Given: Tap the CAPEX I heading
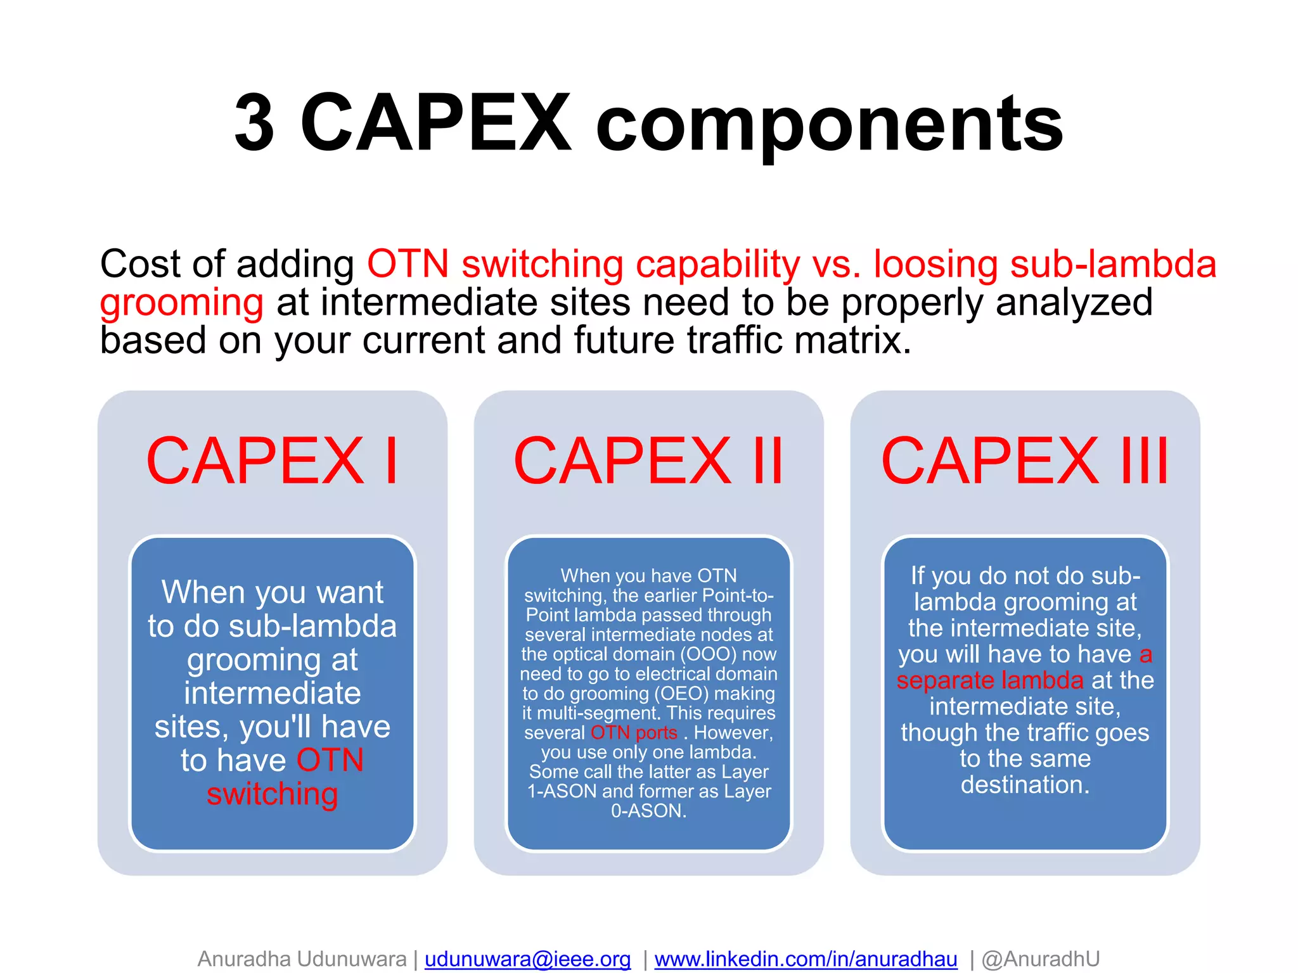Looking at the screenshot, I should [272, 461].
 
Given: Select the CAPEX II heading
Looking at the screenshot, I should [648, 461].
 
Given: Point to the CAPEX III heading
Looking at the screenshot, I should [1024, 461].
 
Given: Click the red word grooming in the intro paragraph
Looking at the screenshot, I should [182, 303].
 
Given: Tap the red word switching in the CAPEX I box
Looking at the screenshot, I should [272, 794].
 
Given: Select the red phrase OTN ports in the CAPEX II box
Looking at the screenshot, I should [634, 733].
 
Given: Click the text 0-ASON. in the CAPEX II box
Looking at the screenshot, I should [648, 811].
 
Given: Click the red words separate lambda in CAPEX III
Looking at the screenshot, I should [990, 680].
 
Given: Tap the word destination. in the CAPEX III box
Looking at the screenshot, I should [1025, 785].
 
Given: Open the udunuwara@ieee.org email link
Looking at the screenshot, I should [527, 959].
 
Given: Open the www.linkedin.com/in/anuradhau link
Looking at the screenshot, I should [806, 959].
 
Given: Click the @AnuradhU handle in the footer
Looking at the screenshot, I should [1040, 959].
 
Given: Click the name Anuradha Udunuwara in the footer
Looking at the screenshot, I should [302, 959].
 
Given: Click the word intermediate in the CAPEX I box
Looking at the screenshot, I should [272, 693].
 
